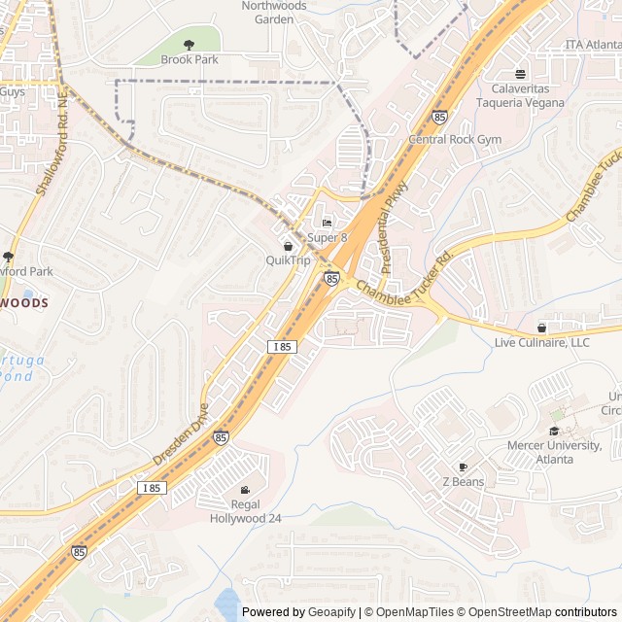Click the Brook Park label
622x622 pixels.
point(189,59)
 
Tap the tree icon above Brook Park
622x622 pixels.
point(189,44)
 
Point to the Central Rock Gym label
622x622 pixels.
point(455,140)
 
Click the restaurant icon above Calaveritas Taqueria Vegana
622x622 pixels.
point(521,74)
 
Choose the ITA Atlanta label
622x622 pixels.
point(593,45)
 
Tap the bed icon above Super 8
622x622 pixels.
point(327,224)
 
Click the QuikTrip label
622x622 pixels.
point(288,260)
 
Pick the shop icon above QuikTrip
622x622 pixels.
point(288,246)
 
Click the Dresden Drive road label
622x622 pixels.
point(181,433)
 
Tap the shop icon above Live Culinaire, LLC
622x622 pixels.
point(541,328)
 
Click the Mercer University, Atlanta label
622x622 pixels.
point(553,452)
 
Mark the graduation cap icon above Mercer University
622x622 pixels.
point(555,431)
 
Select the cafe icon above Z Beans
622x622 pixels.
point(463,467)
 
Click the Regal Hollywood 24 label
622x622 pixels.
point(246,511)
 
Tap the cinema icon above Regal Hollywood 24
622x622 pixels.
point(245,490)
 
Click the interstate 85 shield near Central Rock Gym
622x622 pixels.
point(439,117)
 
